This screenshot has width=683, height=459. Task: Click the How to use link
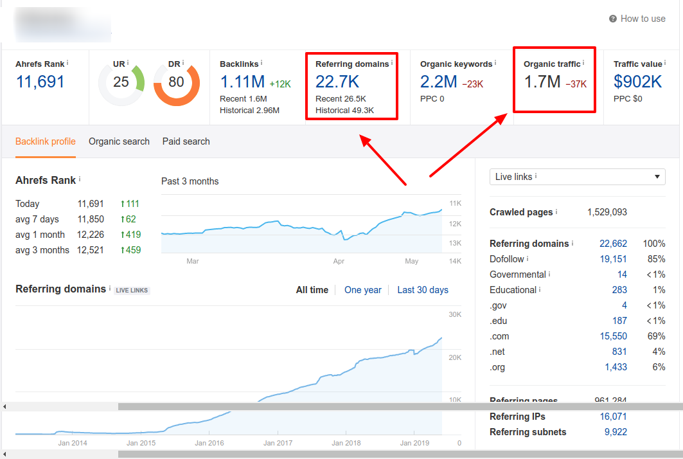pyautogui.click(x=642, y=19)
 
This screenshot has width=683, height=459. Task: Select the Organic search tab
pyautogui.click(x=119, y=141)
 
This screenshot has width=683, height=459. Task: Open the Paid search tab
pyautogui.click(x=186, y=141)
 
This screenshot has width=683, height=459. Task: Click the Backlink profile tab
pyautogui.click(x=46, y=141)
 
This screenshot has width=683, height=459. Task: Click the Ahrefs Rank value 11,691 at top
pyautogui.click(x=40, y=82)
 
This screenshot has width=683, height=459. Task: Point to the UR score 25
pyautogui.click(x=121, y=82)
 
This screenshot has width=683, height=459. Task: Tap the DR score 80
pyautogui.click(x=176, y=82)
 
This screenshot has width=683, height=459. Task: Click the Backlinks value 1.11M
pyautogui.click(x=242, y=82)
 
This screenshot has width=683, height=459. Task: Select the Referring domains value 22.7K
pyautogui.click(x=337, y=82)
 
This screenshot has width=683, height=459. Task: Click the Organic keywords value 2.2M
pyautogui.click(x=439, y=82)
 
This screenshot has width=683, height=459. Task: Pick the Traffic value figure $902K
pyautogui.click(x=637, y=82)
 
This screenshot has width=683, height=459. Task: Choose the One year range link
pyautogui.click(x=363, y=290)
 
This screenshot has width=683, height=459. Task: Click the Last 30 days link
pyautogui.click(x=423, y=290)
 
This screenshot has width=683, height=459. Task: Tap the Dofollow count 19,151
pyautogui.click(x=613, y=259)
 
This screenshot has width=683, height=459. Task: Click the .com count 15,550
pyautogui.click(x=613, y=336)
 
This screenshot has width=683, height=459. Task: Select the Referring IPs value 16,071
pyautogui.click(x=613, y=417)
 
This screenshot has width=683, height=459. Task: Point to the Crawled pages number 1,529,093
pyautogui.click(x=607, y=212)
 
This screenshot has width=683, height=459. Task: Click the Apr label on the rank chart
pyautogui.click(x=339, y=262)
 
